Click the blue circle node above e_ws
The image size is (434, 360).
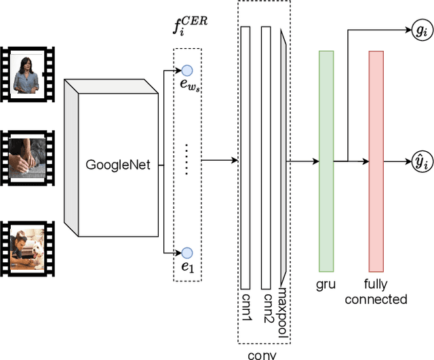click(x=187, y=70)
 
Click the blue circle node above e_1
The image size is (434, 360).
click(x=187, y=252)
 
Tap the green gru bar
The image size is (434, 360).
click(x=327, y=162)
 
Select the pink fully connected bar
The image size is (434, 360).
click(x=376, y=161)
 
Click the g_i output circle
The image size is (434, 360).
click(x=421, y=31)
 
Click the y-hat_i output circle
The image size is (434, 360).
click(x=421, y=162)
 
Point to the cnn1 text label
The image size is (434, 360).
click(x=245, y=307)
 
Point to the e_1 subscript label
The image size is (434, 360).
click(x=187, y=267)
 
